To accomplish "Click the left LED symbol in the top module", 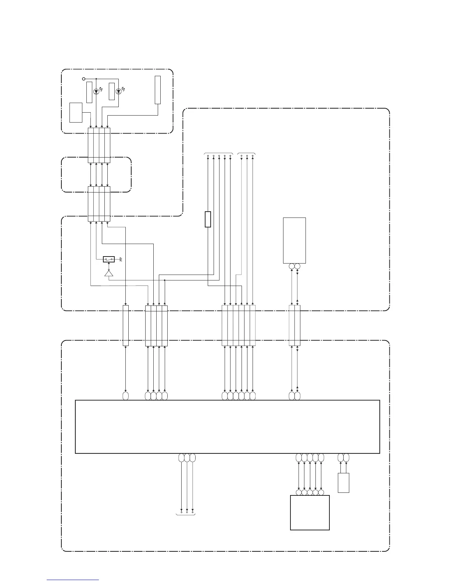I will pos(96,91).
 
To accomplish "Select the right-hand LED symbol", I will pos(118,91).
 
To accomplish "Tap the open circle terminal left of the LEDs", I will pos(83,79).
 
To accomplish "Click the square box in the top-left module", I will pos(76,113).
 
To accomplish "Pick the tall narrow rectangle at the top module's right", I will pos(158,90).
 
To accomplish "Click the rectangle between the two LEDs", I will pos(112,91).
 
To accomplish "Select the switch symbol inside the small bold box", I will pos(109,259).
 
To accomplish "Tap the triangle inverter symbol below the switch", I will pos(109,273).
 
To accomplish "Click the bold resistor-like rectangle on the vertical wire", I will pos(208,219).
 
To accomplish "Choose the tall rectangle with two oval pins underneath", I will pos(294,240).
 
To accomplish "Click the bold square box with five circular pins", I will pos(310,512).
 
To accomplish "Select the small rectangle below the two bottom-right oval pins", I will pos(343,483).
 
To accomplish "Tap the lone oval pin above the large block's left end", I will pos(125,396).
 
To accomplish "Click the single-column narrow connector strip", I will pos(126,325).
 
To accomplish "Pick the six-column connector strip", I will pos(239,325).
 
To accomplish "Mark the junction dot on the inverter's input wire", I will pos(164,280).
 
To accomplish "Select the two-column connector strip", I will pos(294,325).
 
